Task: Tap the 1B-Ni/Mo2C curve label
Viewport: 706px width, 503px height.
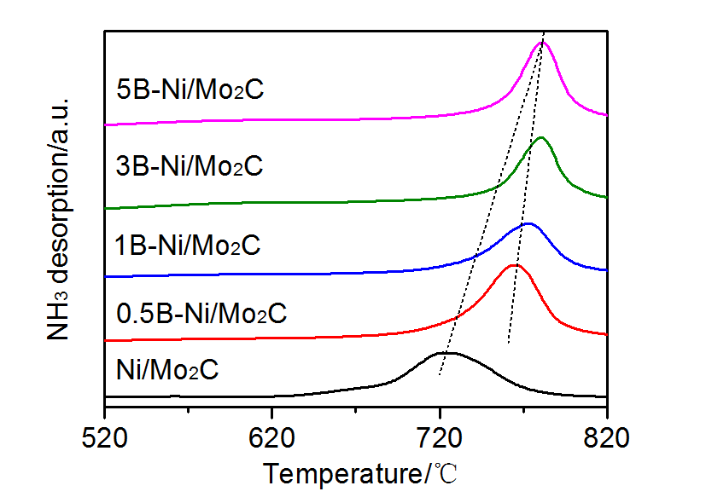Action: tap(187, 246)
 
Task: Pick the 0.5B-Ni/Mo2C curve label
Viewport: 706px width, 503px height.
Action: tap(201, 313)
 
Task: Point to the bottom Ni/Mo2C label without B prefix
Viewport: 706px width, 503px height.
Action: tap(167, 372)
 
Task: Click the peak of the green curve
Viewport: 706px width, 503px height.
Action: tap(540, 137)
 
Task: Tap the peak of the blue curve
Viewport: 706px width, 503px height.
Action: tap(528, 224)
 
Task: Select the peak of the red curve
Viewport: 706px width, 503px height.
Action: tap(516, 265)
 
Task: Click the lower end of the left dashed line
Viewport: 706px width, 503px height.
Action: tap(440, 374)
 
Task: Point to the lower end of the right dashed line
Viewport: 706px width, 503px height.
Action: tap(509, 343)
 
